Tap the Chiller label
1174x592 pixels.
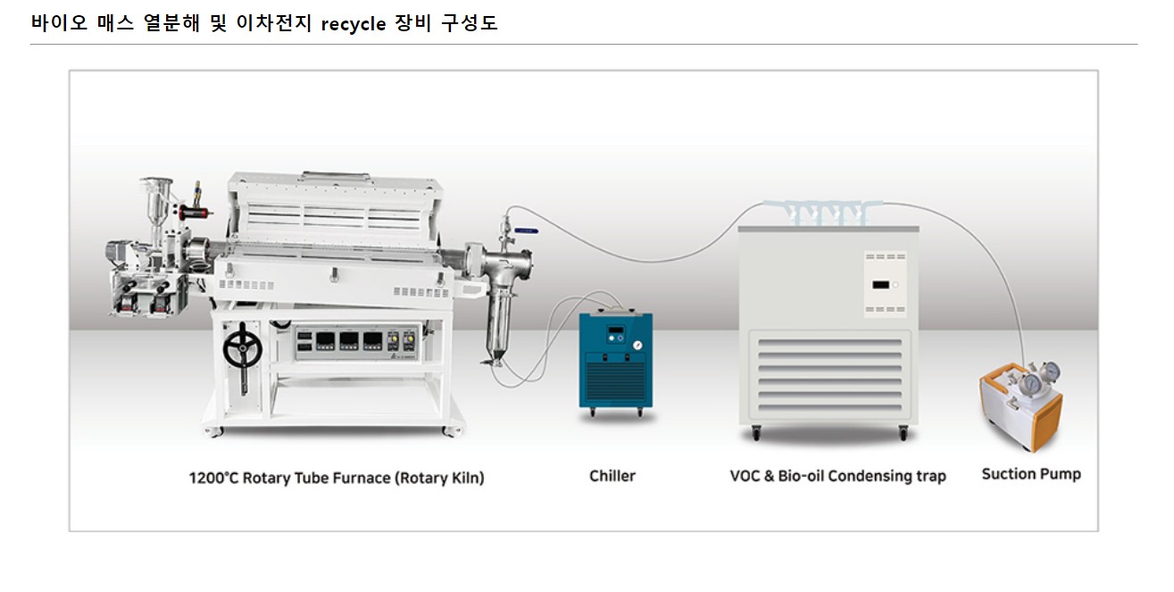(612, 476)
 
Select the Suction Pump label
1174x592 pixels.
(1031, 474)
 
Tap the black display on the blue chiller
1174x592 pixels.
(614, 333)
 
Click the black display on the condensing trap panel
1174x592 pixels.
(879, 286)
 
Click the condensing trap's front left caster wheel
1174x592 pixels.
(757, 434)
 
